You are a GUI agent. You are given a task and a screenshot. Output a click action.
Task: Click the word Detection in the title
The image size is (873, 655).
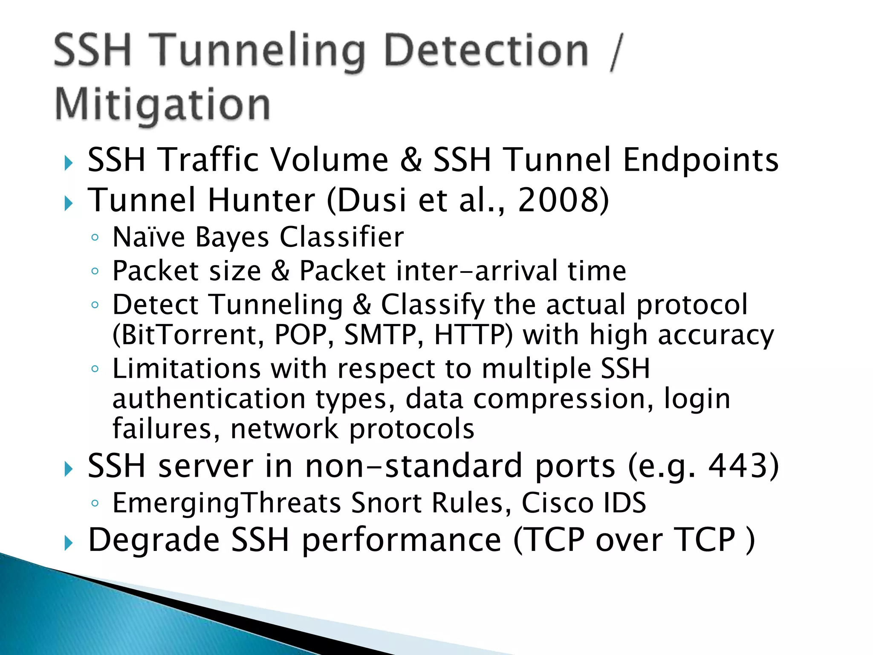pyautogui.click(x=486, y=52)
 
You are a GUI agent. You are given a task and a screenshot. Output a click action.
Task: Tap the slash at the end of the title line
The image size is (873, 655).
pyautogui.click(x=616, y=52)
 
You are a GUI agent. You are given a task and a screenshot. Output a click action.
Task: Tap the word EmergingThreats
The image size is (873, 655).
pyautogui.click(x=227, y=503)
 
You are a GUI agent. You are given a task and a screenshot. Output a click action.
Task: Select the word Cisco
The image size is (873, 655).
pyautogui.click(x=558, y=503)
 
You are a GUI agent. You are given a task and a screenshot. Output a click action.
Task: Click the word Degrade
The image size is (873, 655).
pyautogui.click(x=153, y=540)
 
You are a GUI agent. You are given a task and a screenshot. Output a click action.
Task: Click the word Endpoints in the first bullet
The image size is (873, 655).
pyautogui.click(x=701, y=160)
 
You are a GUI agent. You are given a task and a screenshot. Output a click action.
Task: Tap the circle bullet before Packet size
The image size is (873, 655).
pyautogui.click(x=95, y=271)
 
